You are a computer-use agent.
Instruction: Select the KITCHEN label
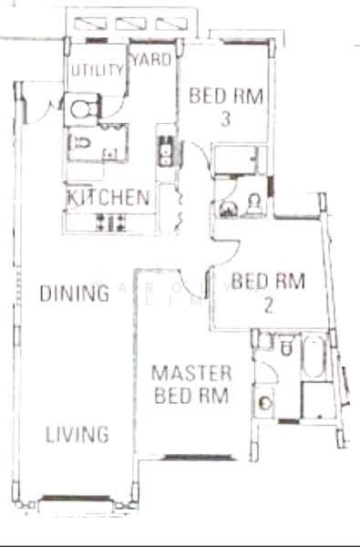point(108,197)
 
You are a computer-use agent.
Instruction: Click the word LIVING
point(77,435)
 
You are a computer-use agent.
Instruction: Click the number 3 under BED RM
point(224,119)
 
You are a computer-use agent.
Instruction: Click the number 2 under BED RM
point(268,305)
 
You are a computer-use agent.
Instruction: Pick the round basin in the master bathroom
point(267,399)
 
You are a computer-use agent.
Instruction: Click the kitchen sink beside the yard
point(166,153)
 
